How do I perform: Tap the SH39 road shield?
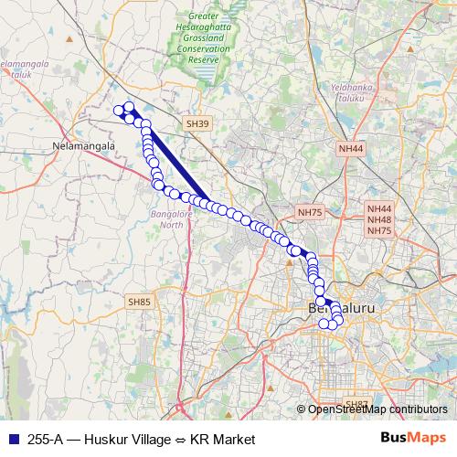click(197, 123)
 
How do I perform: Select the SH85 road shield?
click(140, 301)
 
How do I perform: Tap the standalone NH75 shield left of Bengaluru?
click(310, 212)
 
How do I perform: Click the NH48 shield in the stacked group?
click(379, 219)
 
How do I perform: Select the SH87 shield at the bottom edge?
click(355, 403)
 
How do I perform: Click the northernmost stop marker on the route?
click(129, 106)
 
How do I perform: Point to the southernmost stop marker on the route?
click(323, 324)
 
